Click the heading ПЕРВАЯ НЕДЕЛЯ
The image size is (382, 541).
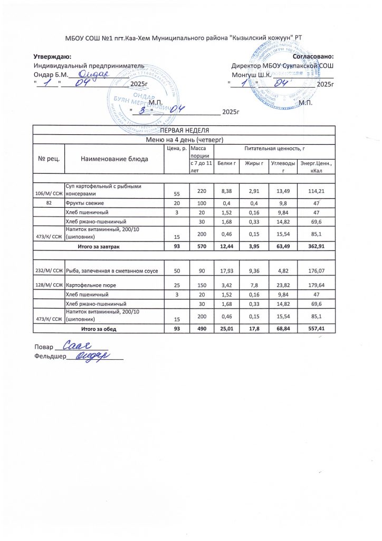185,130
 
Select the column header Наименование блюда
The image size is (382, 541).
114,158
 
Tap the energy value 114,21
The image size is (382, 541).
317,191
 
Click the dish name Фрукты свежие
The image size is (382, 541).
84,203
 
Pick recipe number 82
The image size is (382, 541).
49,203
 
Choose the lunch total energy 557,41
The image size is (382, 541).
317,329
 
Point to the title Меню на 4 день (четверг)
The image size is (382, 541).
185,139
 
